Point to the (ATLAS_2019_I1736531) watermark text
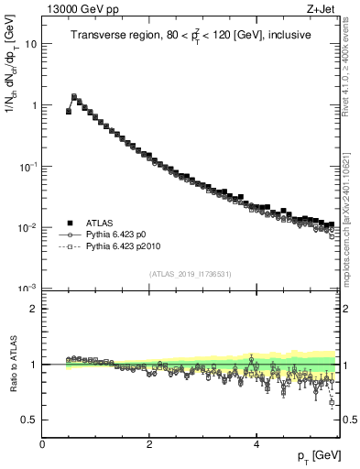[191, 273]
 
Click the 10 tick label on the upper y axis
[31, 44]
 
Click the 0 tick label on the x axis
[42, 444]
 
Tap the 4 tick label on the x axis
[256, 444]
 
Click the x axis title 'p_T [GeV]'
[314, 457]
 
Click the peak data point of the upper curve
[74, 96]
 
